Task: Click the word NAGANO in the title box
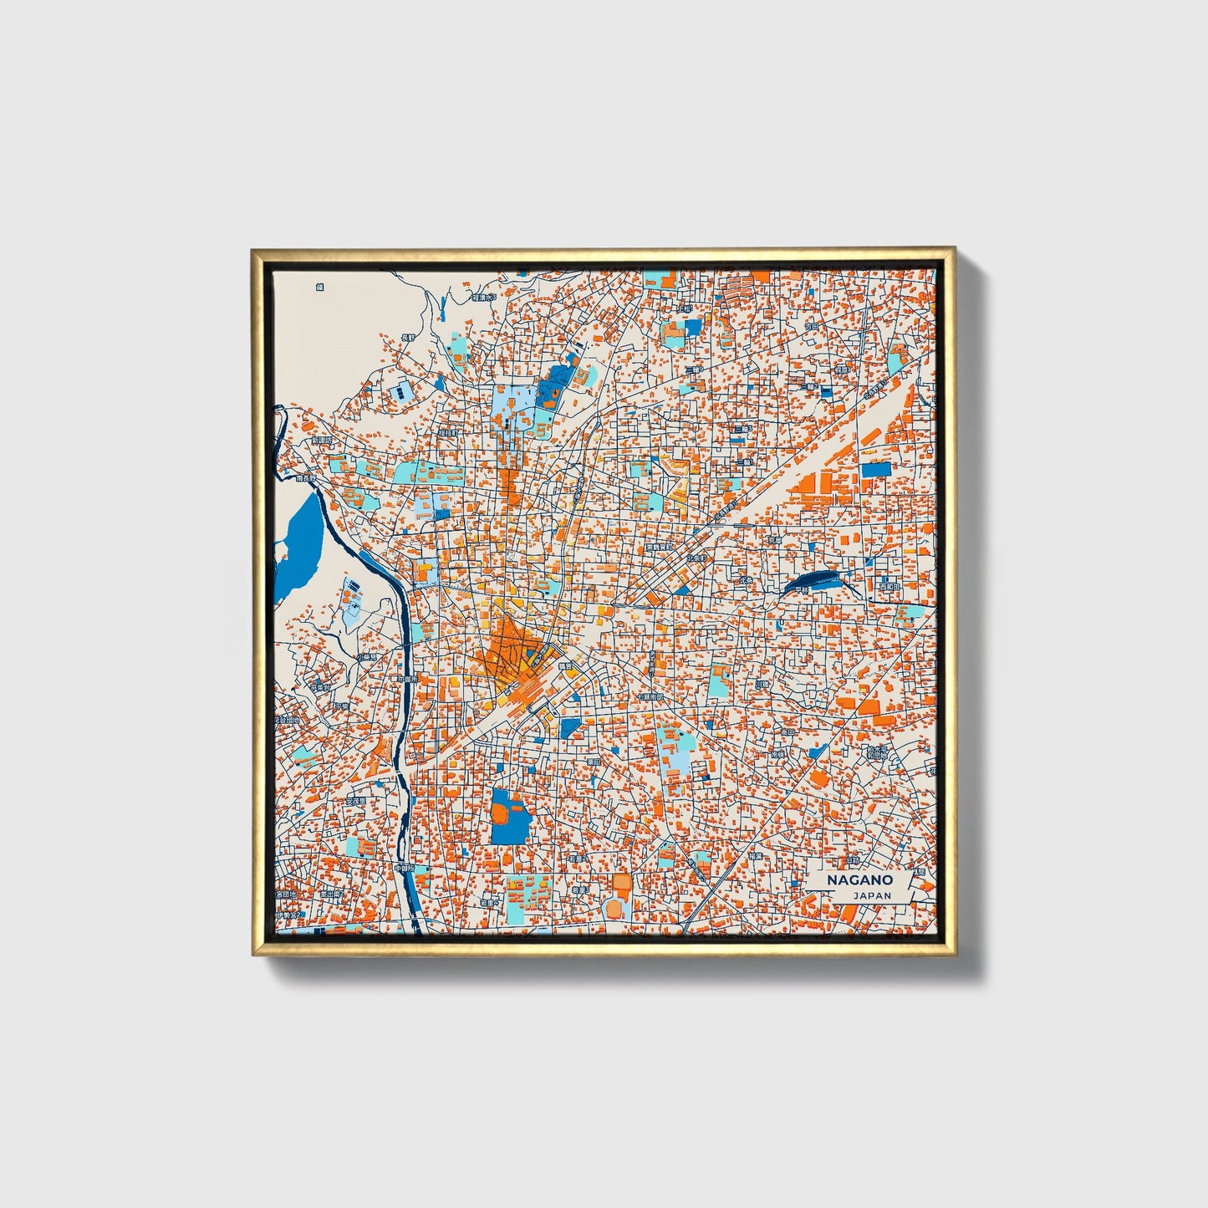[x=859, y=880]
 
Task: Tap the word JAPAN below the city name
[x=872, y=895]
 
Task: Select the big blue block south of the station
[x=511, y=816]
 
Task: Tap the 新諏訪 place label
[x=322, y=440]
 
